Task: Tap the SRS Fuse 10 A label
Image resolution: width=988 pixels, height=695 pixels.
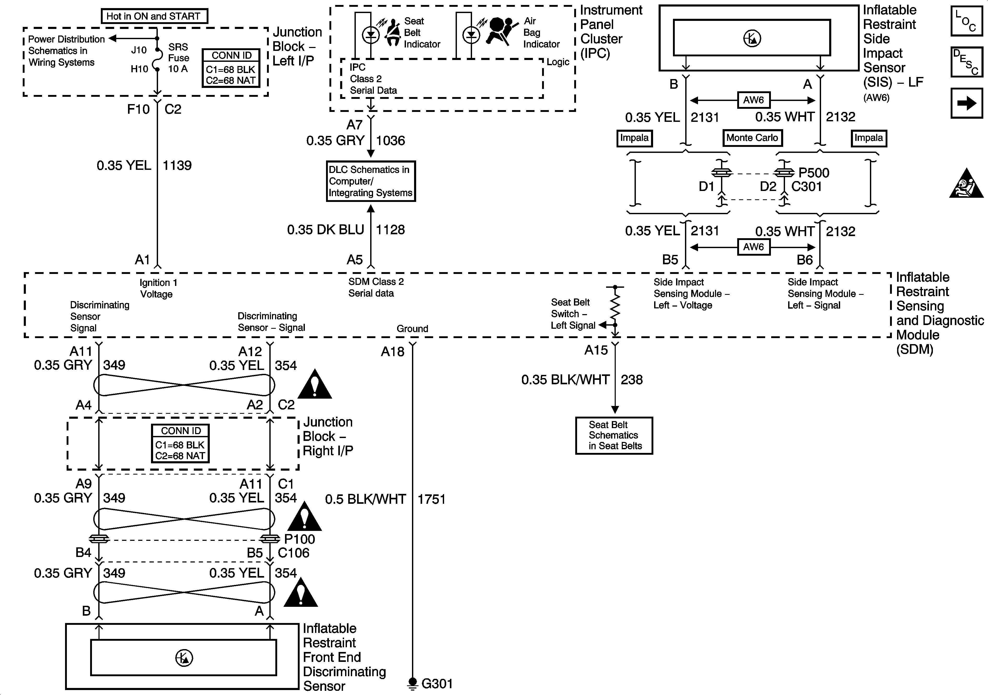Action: (178, 58)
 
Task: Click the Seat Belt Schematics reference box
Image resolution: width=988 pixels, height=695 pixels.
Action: (614, 435)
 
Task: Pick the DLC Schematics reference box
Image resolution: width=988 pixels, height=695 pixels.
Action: (370, 181)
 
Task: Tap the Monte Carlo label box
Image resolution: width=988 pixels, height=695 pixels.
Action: (752, 138)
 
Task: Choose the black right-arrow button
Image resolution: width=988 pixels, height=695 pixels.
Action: (967, 103)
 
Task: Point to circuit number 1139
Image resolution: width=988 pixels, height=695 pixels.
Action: (177, 165)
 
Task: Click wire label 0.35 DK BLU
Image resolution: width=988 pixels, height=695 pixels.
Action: (326, 230)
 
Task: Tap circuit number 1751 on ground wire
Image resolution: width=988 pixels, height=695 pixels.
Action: (431, 499)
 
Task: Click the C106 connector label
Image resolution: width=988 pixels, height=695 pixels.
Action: (293, 553)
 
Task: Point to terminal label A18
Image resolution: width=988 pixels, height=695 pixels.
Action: (392, 352)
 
